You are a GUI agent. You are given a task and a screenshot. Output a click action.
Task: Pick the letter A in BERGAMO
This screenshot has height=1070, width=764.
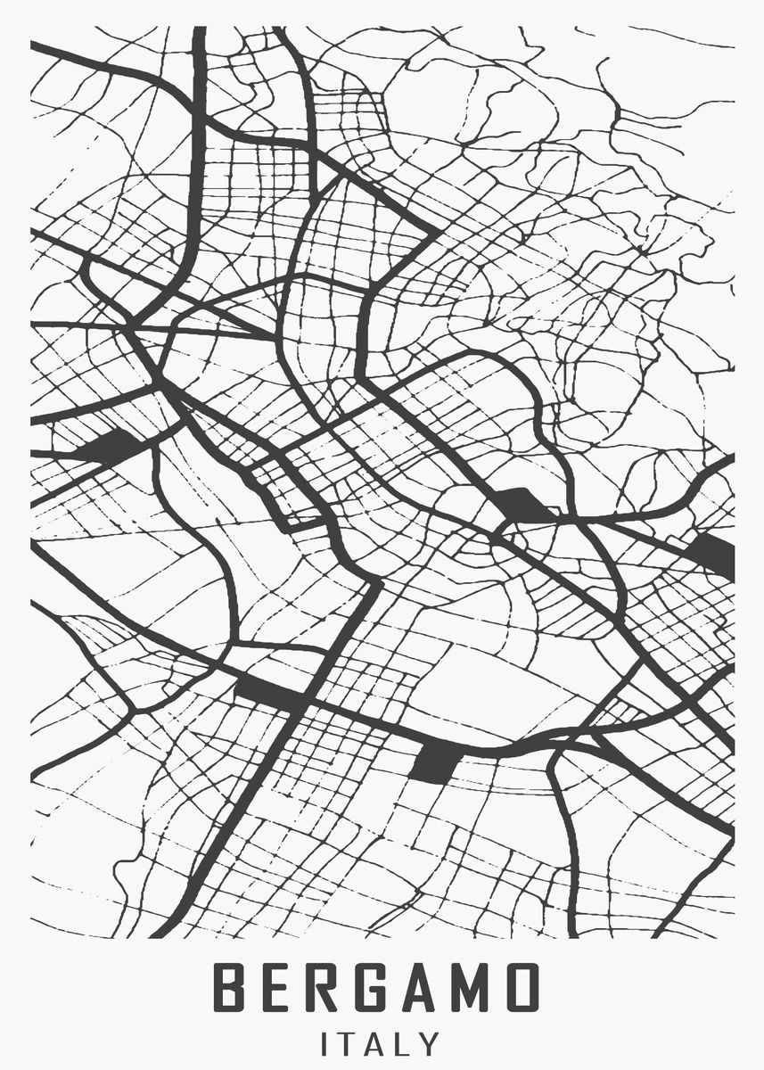point(426,987)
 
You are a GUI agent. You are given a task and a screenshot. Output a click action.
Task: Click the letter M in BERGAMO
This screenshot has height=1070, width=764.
point(472,987)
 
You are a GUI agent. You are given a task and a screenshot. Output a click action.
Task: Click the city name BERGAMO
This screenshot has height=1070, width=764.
point(377,987)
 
